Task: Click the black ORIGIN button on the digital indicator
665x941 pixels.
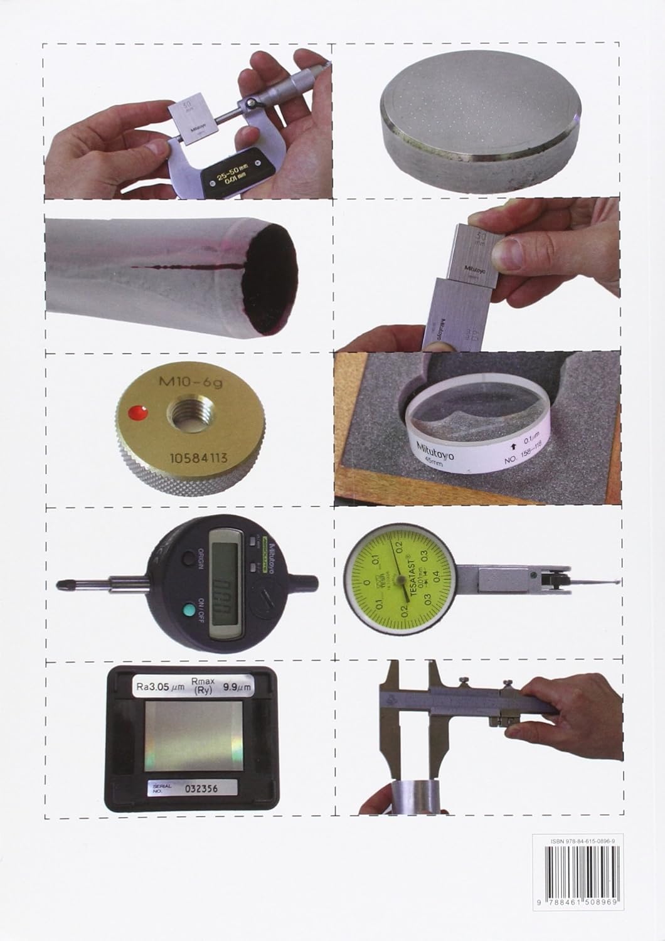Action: pyautogui.click(x=188, y=560)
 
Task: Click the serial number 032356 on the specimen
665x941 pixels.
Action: pyautogui.click(x=200, y=789)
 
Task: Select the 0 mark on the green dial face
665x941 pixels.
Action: pyautogui.click(x=366, y=583)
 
